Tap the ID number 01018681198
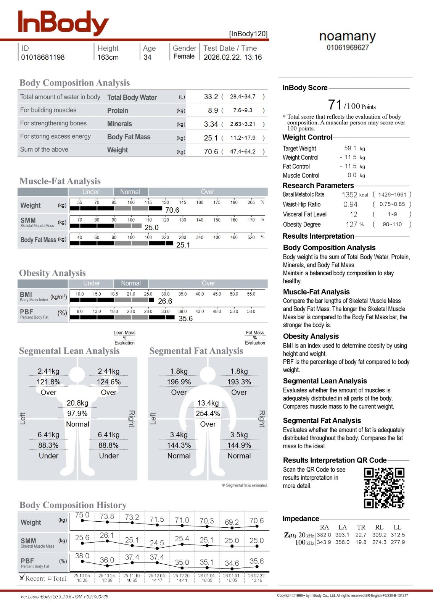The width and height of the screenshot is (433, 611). [43, 57]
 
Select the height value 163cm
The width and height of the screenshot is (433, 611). [108, 57]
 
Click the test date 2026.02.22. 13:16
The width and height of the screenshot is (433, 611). [233, 57]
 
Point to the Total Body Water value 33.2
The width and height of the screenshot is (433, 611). [211, 97]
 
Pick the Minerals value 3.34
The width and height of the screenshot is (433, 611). [211, 124]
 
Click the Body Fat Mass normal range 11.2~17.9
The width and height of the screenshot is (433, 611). [243, 138]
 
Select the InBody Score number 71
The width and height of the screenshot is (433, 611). [335, 105]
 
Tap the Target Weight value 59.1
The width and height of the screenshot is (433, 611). [350, 148]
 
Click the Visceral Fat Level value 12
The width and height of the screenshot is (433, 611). [354, 215]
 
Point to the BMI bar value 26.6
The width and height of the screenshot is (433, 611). [165, 301]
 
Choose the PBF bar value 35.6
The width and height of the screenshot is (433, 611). [185, 318]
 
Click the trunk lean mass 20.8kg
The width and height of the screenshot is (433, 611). [77, 403]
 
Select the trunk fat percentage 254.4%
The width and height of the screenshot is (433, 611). [208, 414]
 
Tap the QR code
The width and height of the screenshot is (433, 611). [384, 488]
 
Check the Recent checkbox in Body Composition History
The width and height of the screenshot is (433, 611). [22, 578]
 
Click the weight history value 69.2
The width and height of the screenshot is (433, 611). [232, 522]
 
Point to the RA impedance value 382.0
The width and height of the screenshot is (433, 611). [324, 535]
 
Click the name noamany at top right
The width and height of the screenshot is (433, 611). [348, 37]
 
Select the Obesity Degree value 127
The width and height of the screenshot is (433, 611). [351, 225]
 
